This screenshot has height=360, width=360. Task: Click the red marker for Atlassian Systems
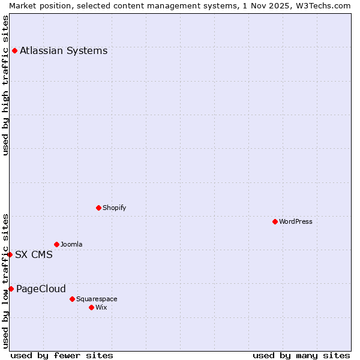[x=14, y=50]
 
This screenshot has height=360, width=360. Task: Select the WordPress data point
[x=275, y=221]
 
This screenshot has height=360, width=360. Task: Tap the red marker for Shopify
[x=98, y=208]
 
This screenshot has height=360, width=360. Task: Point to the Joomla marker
[x=56, y=244]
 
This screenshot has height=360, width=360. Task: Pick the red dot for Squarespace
[x=72, y=299]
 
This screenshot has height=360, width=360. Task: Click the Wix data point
[x=91, y=307]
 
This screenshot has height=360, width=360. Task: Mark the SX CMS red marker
[x=10, y=254]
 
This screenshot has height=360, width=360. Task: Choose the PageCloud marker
[x=11, y=289]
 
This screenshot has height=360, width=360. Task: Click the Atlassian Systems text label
[x=64, y=50]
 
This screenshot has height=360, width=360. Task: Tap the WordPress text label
[x=296, y=221]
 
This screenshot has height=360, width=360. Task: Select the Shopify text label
[x=114, y=208]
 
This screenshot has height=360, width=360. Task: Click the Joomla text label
[x=71, y=244]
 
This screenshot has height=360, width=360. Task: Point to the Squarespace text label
[x=97, y=299]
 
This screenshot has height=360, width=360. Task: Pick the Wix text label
[x=101, y=307]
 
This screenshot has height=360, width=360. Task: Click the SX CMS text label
[x=34, y=254]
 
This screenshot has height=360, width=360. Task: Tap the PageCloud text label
[x=41, y=289]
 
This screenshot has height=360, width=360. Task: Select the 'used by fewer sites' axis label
[x=62, y=355]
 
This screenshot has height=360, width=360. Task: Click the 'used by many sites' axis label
[x=301, y=355]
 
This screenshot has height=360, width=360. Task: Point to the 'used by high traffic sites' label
[x=5, y=85]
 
